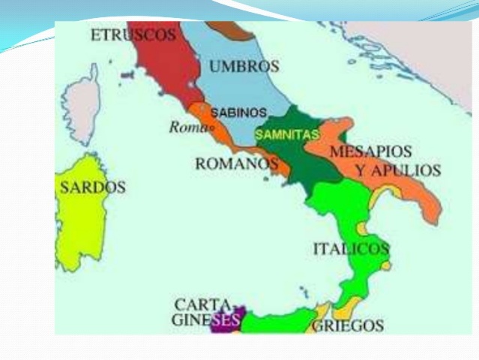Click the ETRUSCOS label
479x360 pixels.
pyautogui.click(x=133, y=34)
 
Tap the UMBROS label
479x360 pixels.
pyautogui.click(x=244, y=66)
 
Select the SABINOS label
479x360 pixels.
pyautogui.click(x=238, y=112)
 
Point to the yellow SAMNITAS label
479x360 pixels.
pyautogui.click(x=286, y=135)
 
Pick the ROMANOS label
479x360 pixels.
pyautogui.click(x=231, y=163)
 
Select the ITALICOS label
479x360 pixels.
pyautogui.click(x=351, y=249)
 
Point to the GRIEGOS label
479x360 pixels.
pyautogui.click(x=347, y=325)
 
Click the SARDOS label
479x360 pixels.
pyautogui.click(x=92, y=187)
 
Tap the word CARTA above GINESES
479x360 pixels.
pyautogui.click(x=202, y=305)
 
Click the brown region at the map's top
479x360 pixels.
pyautogui.click(x=238, y=30)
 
